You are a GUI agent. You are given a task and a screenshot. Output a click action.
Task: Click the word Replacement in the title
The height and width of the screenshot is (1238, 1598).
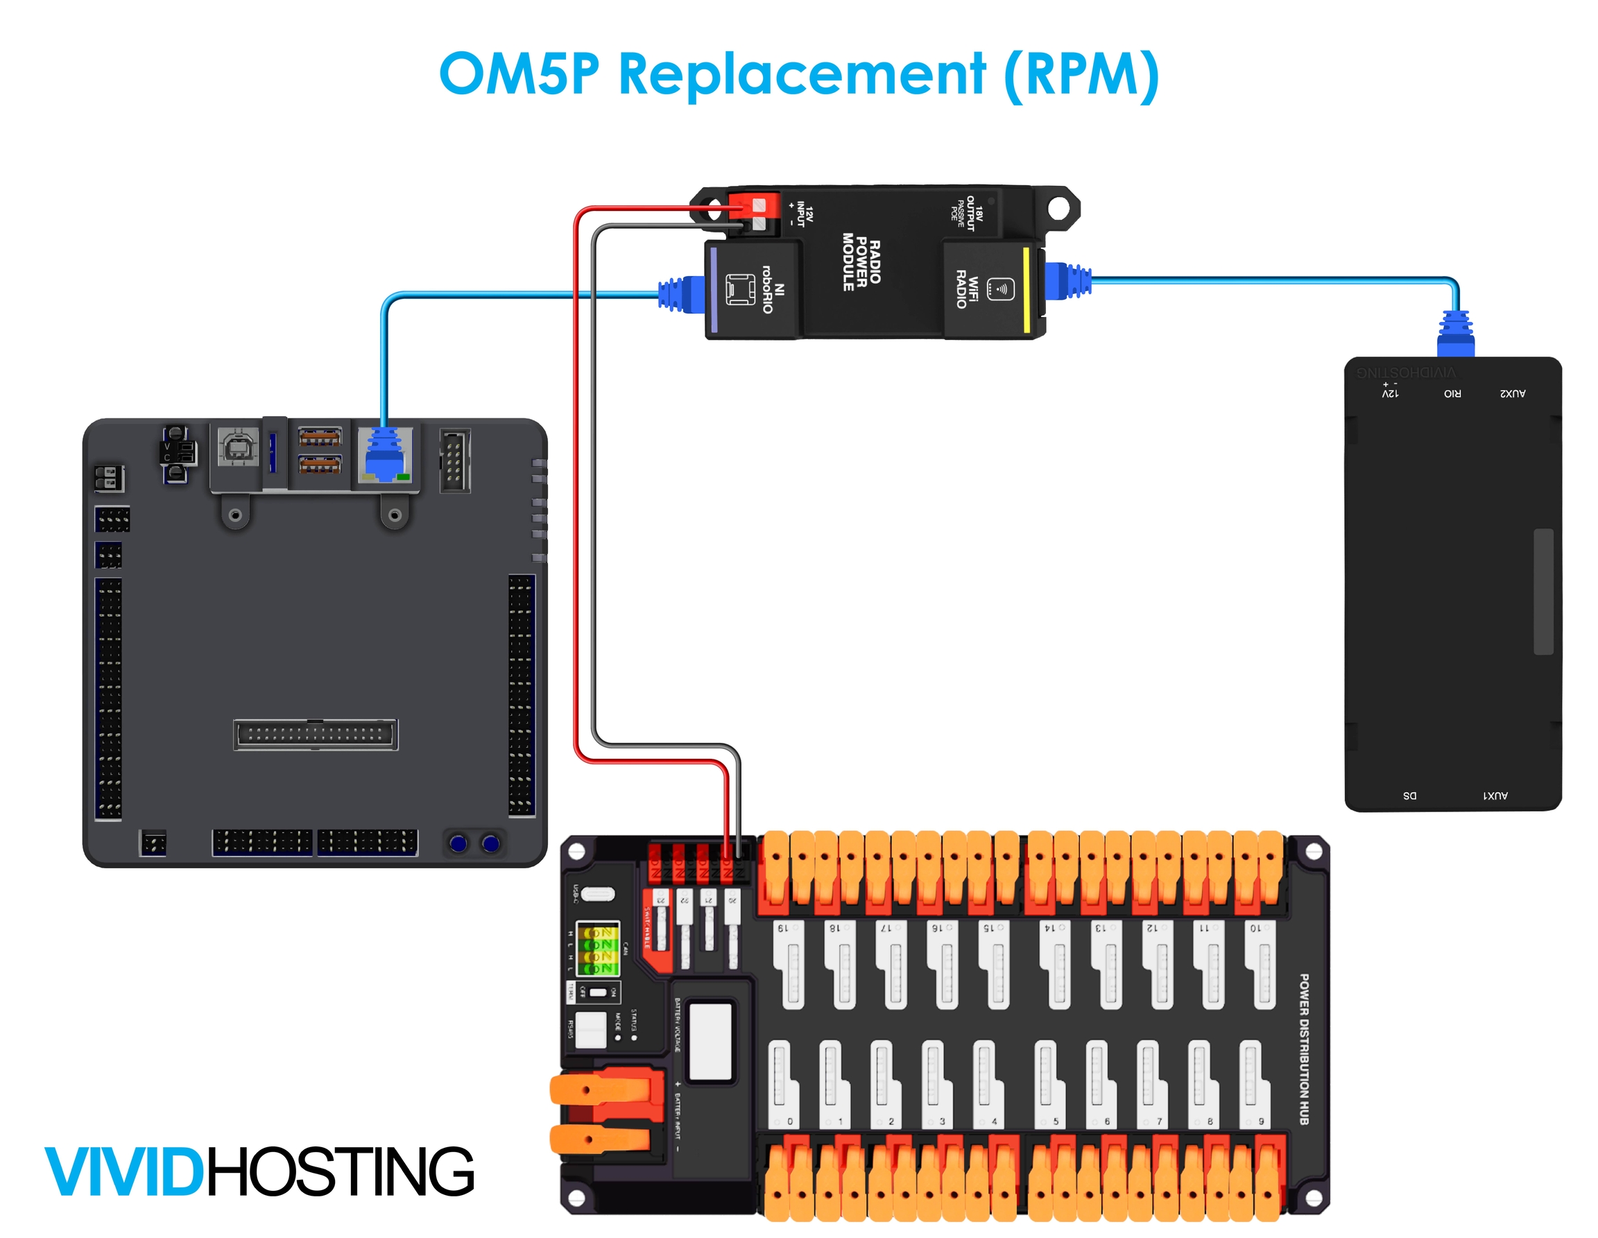tap(802, 74)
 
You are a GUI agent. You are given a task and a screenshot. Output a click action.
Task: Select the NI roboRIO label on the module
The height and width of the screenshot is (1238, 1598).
tap(773, 289)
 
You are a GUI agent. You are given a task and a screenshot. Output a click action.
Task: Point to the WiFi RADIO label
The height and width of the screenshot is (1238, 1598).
tap(967, 289)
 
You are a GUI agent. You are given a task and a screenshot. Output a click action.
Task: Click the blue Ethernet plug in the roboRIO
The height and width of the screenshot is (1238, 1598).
tap(385, 454)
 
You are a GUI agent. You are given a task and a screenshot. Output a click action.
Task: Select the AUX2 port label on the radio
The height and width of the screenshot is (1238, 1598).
tap(1513, 394)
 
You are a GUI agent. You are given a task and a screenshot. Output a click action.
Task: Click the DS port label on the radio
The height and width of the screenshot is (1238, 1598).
tap(1409, 796)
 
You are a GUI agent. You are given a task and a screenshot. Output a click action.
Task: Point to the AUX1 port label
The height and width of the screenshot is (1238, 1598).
tap(1495, 796)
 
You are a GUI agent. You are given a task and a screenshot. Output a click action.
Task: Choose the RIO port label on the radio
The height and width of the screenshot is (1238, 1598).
tap(1452, 394)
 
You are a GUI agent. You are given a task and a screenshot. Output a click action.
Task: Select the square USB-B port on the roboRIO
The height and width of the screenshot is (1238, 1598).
tap(238, 447)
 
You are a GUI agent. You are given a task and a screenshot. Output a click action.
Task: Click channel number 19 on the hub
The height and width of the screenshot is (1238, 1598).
tap(782, 929)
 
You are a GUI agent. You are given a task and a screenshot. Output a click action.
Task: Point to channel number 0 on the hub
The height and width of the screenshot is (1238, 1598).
tap(789, 1121)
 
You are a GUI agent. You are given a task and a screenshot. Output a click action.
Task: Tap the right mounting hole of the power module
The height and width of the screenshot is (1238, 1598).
tap(1058, 208)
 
